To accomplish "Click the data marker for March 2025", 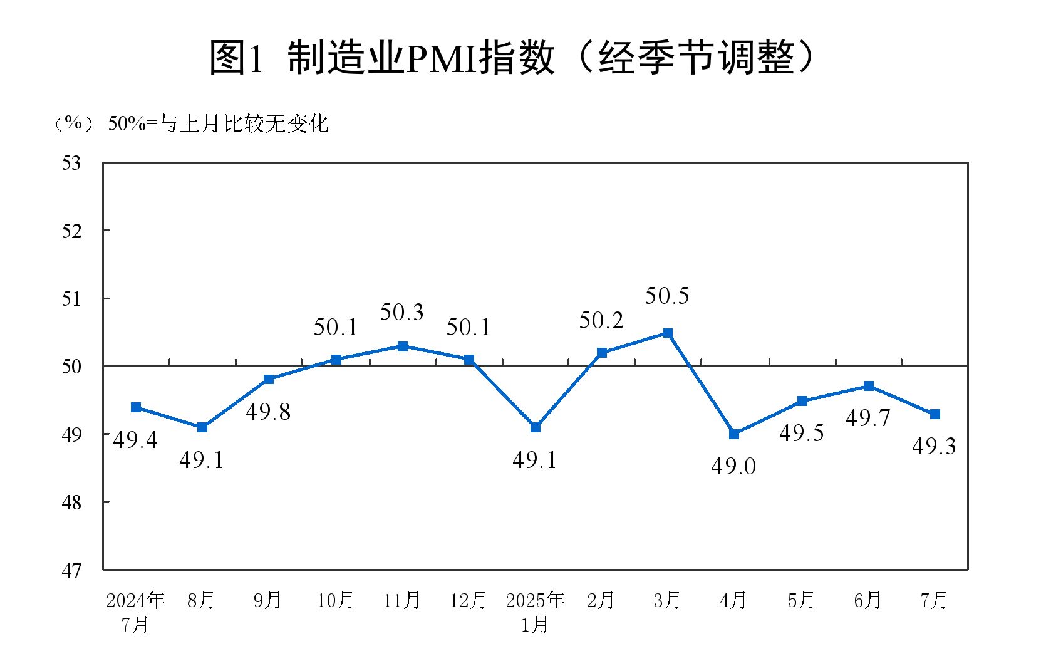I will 668,333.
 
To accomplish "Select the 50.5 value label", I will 667,296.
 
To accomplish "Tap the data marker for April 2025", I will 734,434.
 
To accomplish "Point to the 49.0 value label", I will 733,466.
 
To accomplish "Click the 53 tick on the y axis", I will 72,163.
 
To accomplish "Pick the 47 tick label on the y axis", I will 72,571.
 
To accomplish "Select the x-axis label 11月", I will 401,600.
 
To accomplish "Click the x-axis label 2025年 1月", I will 535,612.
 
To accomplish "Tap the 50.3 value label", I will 402,312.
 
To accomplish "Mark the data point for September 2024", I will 269,379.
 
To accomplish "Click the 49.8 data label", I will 268,412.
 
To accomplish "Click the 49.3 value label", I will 934,446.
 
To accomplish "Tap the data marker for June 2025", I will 869,386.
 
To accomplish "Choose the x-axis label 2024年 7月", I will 135,612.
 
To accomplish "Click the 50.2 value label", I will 601,321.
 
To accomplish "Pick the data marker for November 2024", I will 403,346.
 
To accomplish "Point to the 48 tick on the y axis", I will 72,502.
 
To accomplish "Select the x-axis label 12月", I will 468,600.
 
